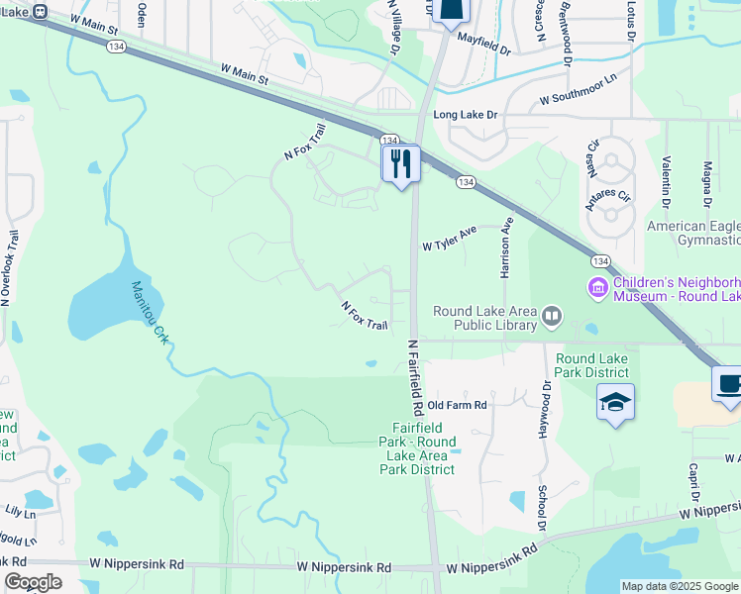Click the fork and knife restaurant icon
(401, 163)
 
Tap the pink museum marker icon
(597, 288)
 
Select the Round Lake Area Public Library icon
(552, 318)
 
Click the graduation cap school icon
(615, 402)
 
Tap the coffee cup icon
(728, 384)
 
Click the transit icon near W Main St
(41, 11)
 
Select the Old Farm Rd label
(457, 405)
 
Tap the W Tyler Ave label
(450, 238)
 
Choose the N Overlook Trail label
(11, 268)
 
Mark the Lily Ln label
(20, 513)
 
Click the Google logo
(33, 582)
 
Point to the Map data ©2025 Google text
(680, 586)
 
